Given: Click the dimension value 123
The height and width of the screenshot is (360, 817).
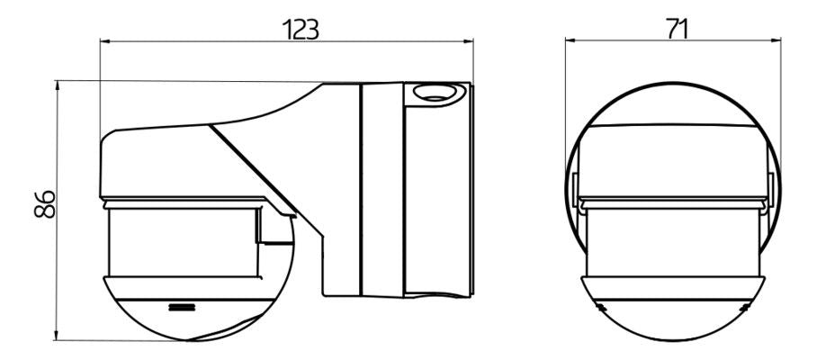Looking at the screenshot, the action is point(300,30).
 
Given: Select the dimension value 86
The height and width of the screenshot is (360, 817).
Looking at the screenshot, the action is point(45,203).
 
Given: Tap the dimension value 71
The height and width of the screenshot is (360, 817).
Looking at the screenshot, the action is point(677,29).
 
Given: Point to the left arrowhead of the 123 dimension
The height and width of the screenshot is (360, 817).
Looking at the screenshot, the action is point(105,40).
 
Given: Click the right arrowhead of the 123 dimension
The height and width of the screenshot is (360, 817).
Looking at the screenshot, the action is point(467,40).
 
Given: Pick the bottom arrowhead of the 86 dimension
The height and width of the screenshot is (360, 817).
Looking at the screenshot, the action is point(57,335).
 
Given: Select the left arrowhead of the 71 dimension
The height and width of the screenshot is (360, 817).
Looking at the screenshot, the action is point(571,40).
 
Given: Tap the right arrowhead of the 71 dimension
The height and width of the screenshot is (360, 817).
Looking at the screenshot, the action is point(775,40).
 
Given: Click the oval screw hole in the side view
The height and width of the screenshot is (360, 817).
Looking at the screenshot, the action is point(433,94).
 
